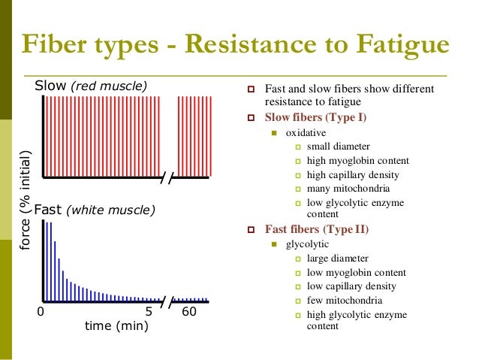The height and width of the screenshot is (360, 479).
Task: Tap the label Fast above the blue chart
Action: tap(50, 210)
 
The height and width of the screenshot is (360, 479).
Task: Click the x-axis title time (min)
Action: tap(116, 326)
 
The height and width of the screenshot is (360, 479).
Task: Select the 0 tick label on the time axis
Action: tap(41, 311)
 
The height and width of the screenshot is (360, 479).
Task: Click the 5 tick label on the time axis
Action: tap(149, 311)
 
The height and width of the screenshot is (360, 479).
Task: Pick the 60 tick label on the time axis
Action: tap(189, 311)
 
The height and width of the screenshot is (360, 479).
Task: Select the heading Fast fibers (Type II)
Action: tap(317, 229)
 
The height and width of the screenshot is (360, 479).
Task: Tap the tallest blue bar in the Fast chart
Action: tap(47, 259)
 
